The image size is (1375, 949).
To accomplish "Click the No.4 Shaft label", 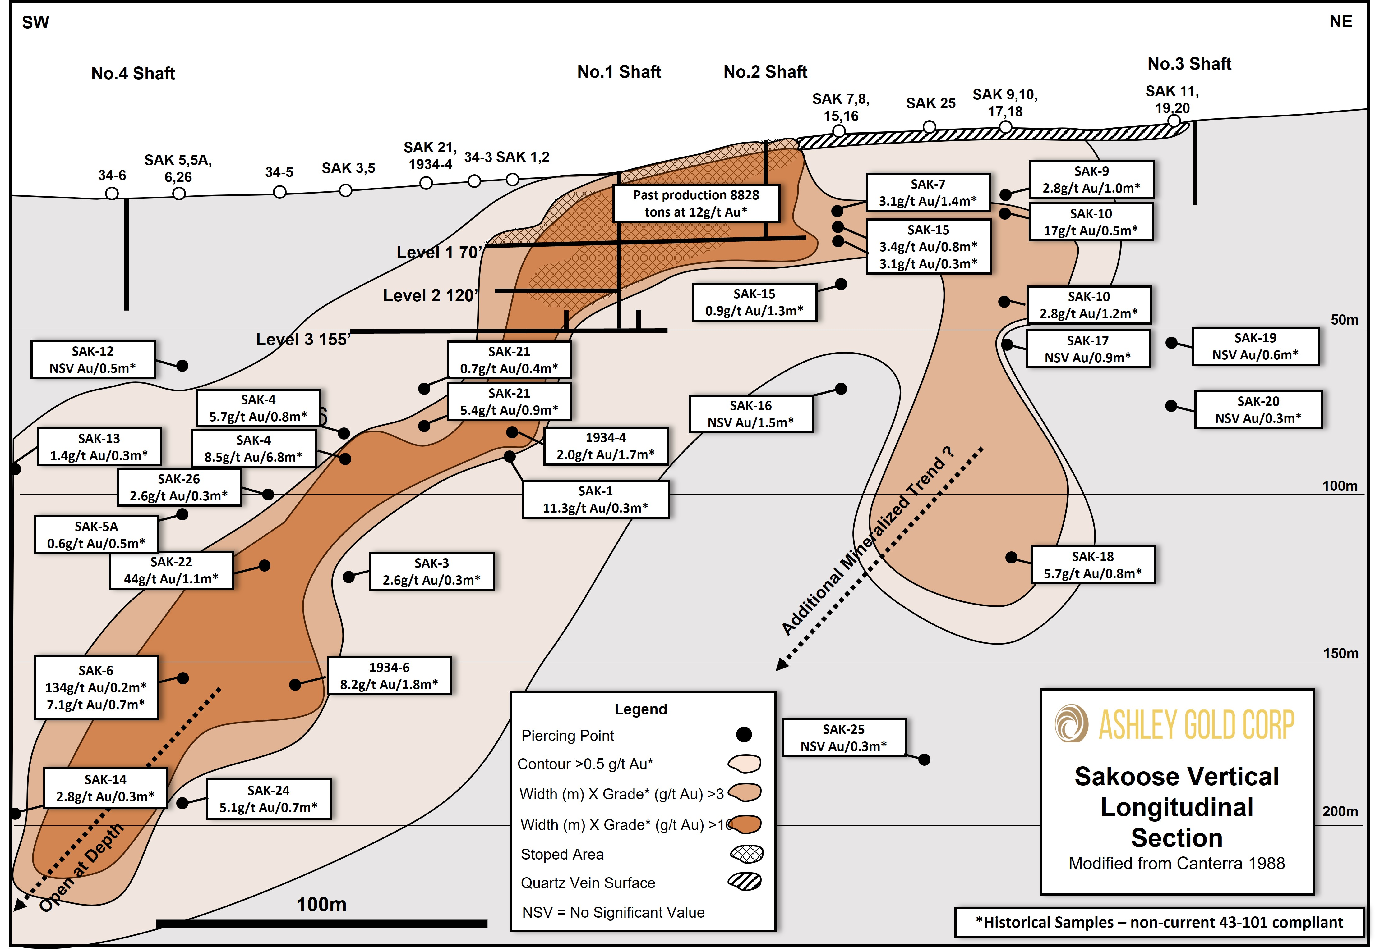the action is [x=133, y=73].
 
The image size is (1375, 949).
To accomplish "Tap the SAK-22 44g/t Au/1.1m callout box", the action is [x=171, y=570].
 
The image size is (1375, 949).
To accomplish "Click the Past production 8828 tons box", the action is [x=696, y=203].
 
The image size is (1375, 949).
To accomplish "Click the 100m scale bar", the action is [x=322, y=924].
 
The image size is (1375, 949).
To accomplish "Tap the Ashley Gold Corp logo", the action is [x=1175, y=724].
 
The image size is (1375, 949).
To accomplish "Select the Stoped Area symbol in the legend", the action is [x=746, y=854].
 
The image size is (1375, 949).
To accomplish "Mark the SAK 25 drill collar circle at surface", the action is [x=929, y=127].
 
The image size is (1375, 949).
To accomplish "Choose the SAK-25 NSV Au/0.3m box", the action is [x=844, y=737].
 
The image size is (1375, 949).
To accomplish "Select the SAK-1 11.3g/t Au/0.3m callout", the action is [x=596, y=500].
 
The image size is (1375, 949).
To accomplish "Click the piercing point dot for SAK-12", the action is [x=183, y=366].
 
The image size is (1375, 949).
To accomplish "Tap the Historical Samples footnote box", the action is [x=1159, y=922].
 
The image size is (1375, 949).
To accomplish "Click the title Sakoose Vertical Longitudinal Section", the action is [x=1177, y=807].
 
